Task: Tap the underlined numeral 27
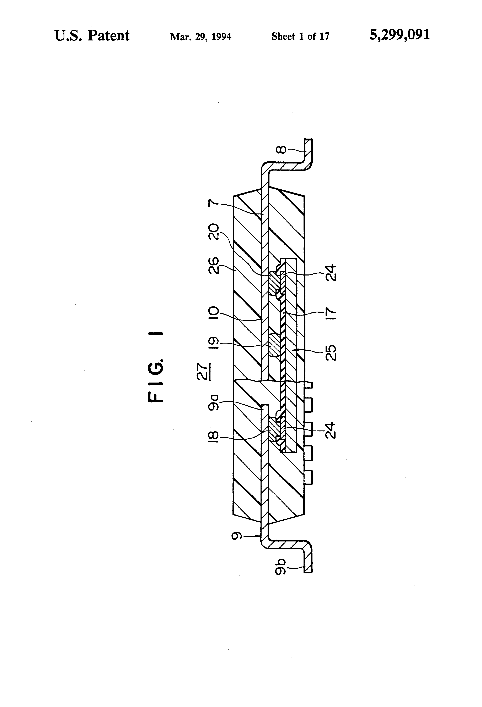(202, 372)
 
